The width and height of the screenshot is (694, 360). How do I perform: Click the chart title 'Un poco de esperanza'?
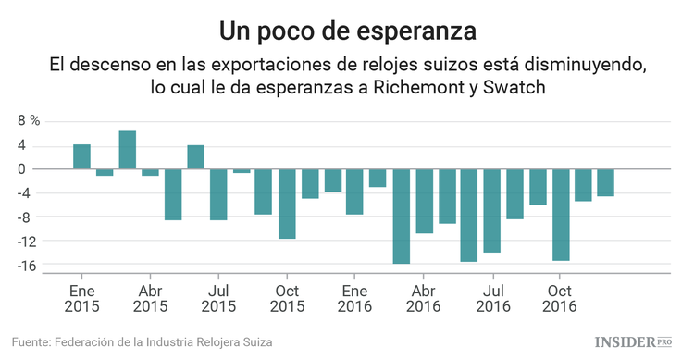(x=347, y=31)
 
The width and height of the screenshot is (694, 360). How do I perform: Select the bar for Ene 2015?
(x=81, y=157)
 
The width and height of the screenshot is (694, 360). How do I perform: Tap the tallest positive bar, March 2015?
(x=128, y=151)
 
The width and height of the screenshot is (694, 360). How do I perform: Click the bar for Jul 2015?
(x=218, y=194)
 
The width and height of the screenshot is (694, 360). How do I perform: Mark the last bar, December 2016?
(x=605, y=182)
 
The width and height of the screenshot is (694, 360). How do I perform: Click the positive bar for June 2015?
(x=195, y=157)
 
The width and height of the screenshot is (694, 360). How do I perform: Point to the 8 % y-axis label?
(x=29, y=121)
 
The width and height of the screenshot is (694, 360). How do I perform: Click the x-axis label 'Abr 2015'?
(x=150, y=297)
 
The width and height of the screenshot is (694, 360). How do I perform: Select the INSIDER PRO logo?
(x=633, y=342)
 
